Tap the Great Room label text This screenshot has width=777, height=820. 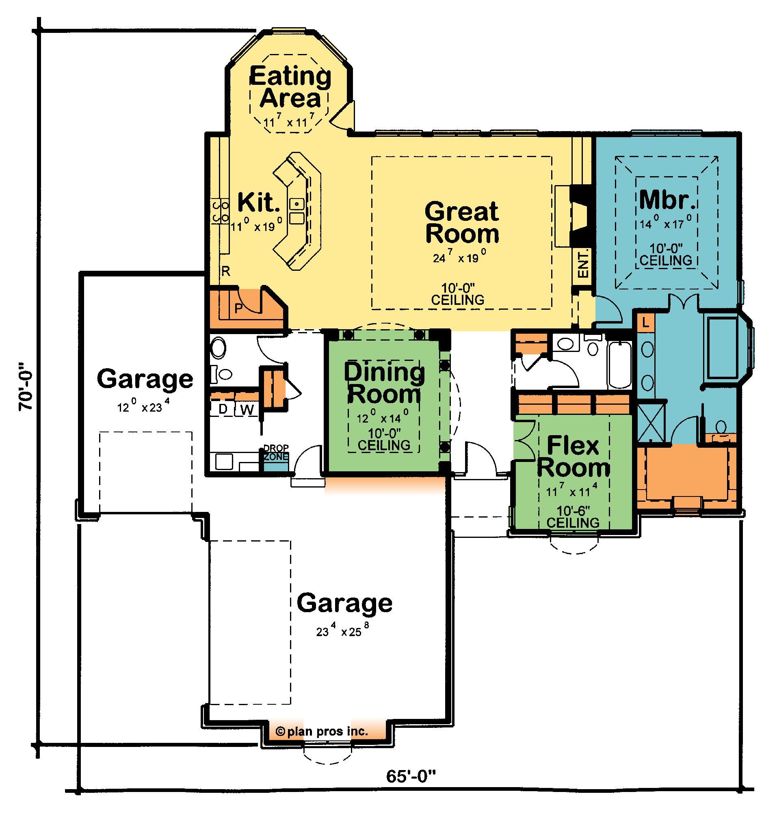click(x=462, y=222)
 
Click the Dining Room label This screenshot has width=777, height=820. click(x=384, y=383)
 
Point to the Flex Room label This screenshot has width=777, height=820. click(x=573, y=457)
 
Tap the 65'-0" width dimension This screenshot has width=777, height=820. click(x=411, y=776)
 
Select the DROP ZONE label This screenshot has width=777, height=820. click(x=276, y=453)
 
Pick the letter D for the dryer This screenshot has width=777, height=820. click(x=223, y=409)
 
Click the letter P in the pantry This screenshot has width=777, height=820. click(x=238, y=309)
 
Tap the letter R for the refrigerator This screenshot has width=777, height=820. click(x=226, y=272)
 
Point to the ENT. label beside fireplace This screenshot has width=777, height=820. click(x=583, y=263)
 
